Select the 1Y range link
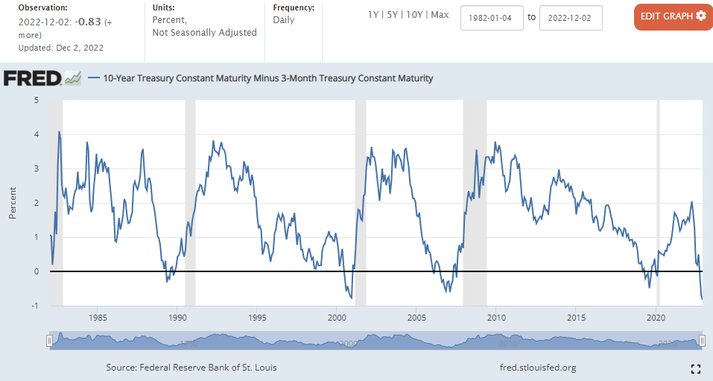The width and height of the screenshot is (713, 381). click(373, 15)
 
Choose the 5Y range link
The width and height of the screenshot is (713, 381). click(392, 15)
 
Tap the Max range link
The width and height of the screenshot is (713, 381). click(440, 15)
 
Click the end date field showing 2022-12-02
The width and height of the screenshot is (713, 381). click(571, 17)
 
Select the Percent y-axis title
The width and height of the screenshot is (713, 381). click(13, 203)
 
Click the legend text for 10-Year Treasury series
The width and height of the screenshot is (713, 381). click(268, 78)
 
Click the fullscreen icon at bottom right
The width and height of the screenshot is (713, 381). click(696, 368)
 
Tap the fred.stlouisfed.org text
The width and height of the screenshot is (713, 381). click(537, 368)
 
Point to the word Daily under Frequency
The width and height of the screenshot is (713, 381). click(284, 20)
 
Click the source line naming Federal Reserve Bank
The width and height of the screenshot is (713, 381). click(192, 368)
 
